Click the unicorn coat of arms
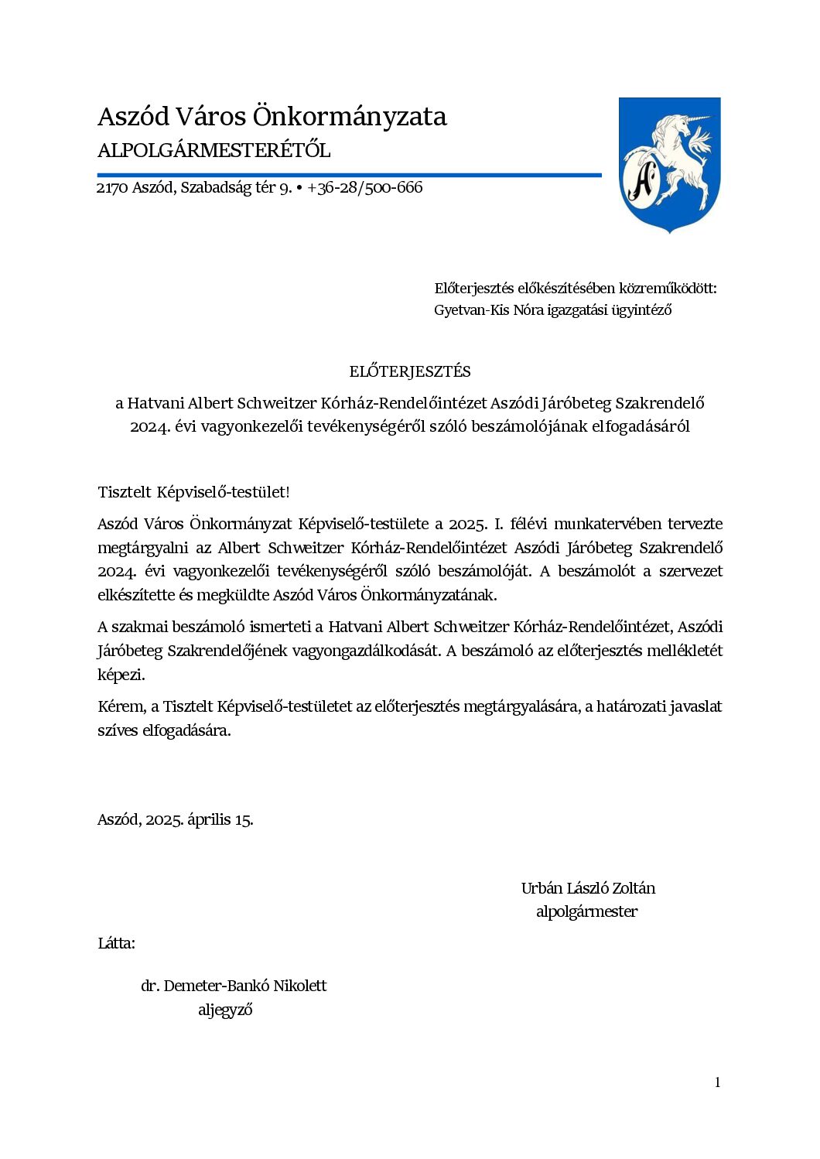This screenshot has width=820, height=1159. click(669, 165)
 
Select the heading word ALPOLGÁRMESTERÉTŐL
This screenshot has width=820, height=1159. click(214, 151)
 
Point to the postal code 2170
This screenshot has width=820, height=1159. click(112, 188)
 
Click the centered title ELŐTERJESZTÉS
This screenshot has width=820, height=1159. click(409, 371)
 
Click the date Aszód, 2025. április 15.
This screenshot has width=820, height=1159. click(176, 819)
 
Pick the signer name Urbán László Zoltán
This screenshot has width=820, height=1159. click(588, 888)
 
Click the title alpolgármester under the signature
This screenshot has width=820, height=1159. click(586, 911)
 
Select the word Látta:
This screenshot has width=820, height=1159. click(116, 943)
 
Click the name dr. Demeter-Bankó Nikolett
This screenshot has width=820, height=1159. click(234, 986)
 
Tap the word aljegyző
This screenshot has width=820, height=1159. click(225, 1010)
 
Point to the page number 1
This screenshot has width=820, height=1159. click(717, 1082)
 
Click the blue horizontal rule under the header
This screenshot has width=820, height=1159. click(349, 176)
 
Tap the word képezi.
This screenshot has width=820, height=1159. click(121, 675)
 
